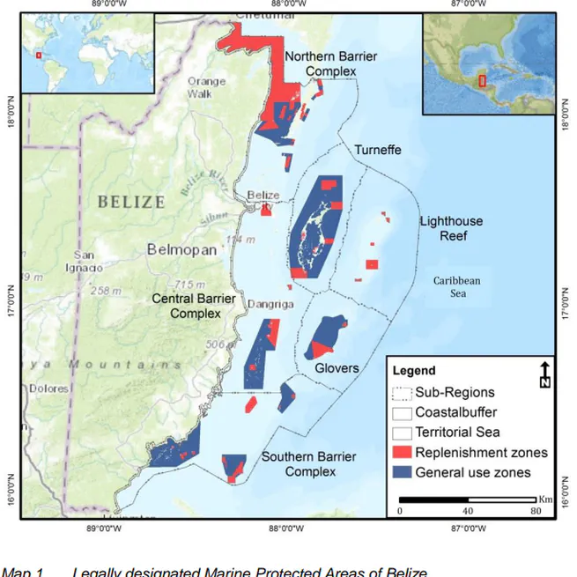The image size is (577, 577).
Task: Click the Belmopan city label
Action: (x=181, y=249)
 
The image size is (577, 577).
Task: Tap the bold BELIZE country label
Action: (x=131, y=202)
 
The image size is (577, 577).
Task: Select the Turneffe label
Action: (x=377, y=150)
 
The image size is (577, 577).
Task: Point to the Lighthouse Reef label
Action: (x=448, y=228)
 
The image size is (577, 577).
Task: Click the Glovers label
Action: (x=337, y=367)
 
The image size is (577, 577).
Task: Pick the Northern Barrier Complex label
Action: (x=330, y=63)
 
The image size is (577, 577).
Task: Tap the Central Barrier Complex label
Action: (x=194, y=306)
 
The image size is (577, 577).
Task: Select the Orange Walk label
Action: (x=206, y=87)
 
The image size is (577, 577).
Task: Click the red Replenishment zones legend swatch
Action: (x=402, y=453)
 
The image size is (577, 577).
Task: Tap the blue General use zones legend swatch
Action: (x=402, y=473)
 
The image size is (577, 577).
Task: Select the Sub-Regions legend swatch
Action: (x=402, y=393)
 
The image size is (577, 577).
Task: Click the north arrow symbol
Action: (x=545, y=374)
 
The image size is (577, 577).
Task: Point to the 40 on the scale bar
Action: (x=467, y=511)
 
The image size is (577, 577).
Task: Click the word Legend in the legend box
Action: (x=414, y=371)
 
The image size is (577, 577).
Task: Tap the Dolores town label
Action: (x=48, y=387)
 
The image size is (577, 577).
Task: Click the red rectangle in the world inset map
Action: (x=38, y=55)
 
